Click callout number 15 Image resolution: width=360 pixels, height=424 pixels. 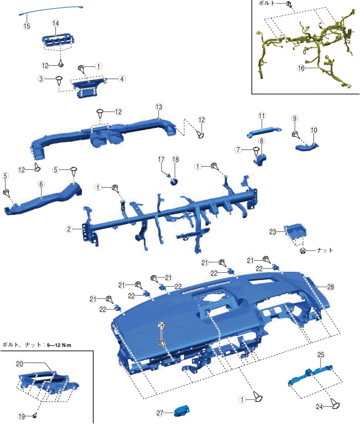pos(26,26)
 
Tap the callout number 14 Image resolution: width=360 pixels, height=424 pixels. pos(55,23)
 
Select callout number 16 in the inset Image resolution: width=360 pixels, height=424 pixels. pos(301,68)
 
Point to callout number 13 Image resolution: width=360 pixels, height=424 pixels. pos(158,106)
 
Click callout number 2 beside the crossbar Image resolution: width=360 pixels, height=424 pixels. pos(69,229)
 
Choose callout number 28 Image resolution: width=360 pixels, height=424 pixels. pos(331,287)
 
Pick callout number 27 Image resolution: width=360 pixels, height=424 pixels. pos(160,412)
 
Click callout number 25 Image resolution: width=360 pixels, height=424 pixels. pos(321,354)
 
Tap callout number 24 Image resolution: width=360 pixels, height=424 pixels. pos(319,406)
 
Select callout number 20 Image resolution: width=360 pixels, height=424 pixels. pos(19,364)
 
